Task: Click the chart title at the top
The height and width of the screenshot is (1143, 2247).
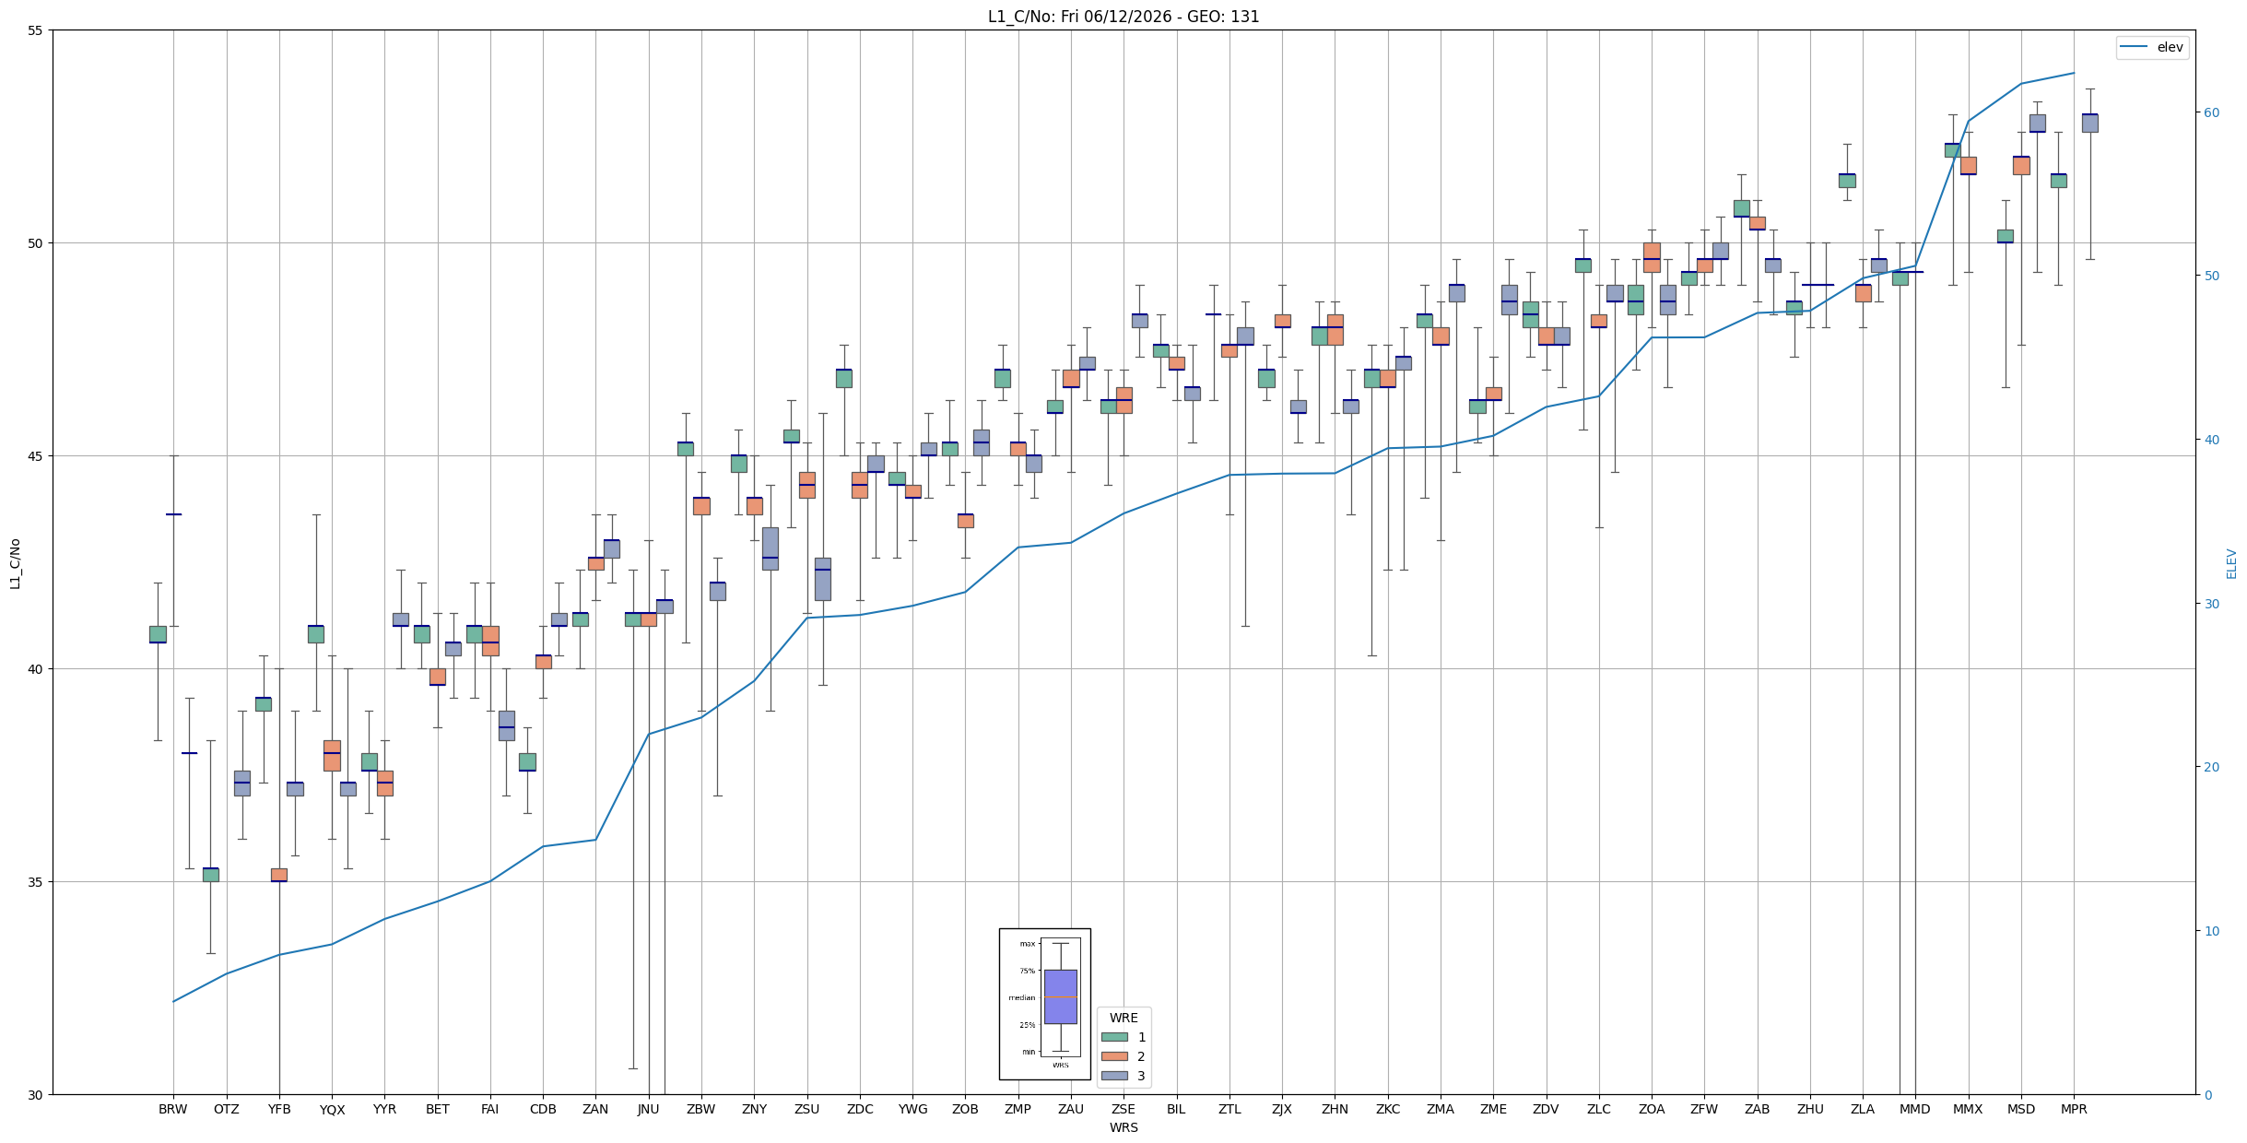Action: [x=1123, y=17]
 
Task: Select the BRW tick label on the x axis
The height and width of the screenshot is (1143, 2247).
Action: [x=172, y=1109]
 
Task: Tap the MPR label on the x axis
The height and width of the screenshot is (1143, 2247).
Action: [x=2074, y=1109]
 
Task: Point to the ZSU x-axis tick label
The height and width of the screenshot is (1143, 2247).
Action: [x=806, y=1109]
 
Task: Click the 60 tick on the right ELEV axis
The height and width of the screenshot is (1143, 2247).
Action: [x=2211, y=112]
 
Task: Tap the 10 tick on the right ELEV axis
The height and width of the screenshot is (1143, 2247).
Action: [x=2211, y=931]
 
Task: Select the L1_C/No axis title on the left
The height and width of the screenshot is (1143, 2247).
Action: [x=15, y=563]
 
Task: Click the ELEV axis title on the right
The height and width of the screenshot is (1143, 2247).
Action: [x=2231, y=563]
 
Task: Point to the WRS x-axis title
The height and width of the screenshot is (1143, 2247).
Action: [x=1123, y=1127]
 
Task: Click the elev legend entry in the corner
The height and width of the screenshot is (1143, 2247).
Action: [x=2152, y=47]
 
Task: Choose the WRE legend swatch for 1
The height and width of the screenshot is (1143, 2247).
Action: [x=1114, y=1037]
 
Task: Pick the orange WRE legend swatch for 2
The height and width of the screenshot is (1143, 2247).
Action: [x=1114, y=1056]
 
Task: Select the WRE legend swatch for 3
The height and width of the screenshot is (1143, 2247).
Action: [x=1114, y=1076]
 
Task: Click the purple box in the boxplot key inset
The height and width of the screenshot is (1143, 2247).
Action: [x=1060, y=996]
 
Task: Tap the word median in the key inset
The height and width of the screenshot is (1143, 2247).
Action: [x=1021, y=997]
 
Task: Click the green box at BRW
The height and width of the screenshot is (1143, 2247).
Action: [x=158, y=634]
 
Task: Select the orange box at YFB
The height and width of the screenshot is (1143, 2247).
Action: [x=278, y=875]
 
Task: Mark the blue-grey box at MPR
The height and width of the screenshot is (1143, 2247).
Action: [x=2089, y=124]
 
